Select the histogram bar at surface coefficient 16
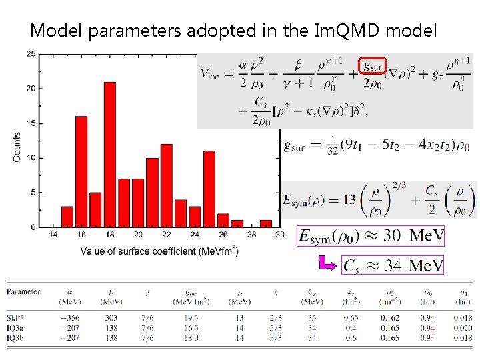(81, 172)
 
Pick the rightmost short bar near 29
(266, 223)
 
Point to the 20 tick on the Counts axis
(31, 89)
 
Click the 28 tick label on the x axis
(251, 235)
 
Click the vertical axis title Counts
(17, 146)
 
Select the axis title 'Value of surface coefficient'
(159, 251)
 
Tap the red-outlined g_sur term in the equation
(373, 65)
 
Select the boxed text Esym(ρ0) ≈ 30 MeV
(371, 237)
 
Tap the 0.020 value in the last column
(461, 328)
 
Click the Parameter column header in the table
(23, 291)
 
